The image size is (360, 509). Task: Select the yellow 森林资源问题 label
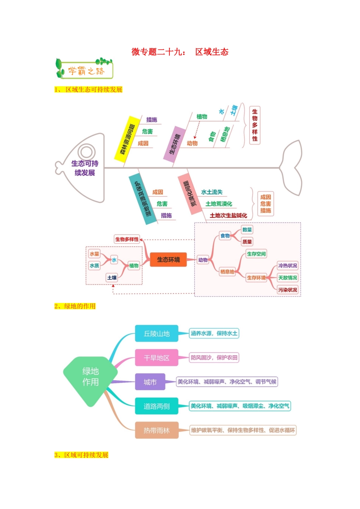[127, 139]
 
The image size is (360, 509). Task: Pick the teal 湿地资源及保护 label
[142, 199]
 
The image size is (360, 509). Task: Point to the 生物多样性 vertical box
[255, 125]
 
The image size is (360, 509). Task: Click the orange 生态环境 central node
[168, 259]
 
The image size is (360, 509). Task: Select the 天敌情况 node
[288, 278]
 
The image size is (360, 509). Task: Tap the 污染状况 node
[288, 290]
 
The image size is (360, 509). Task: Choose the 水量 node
[94, 254]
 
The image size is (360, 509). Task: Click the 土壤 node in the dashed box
[112, 278]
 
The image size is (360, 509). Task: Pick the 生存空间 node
[256, 254]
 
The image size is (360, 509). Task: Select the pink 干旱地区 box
[157, 358]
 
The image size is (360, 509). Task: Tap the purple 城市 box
[150, 382]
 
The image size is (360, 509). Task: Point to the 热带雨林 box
[157, 430]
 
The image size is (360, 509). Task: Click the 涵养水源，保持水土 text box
[214, 333]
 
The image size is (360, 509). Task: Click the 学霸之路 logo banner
[85, 69]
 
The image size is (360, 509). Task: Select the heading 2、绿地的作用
[75, 306]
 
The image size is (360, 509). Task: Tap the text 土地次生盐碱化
[228, 215]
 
